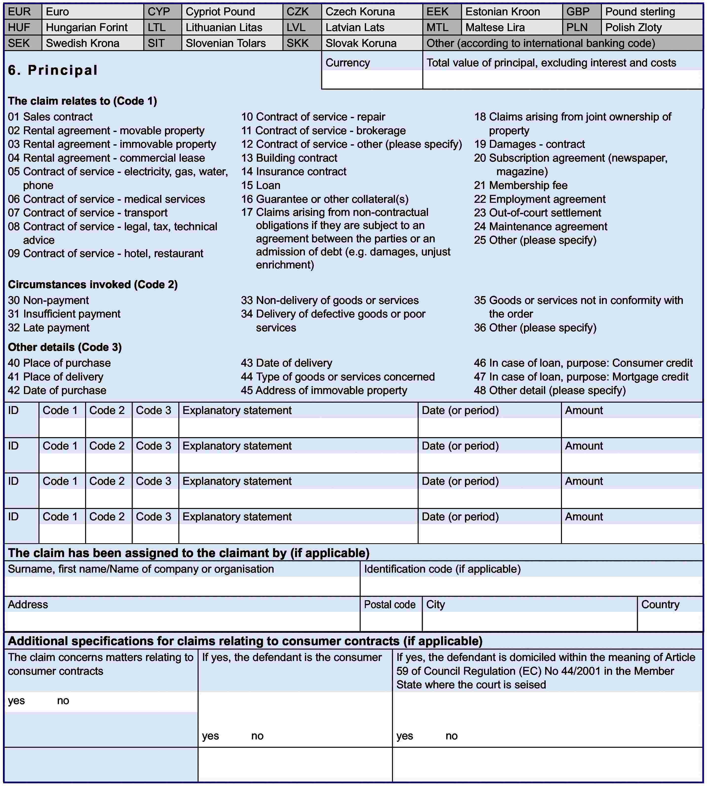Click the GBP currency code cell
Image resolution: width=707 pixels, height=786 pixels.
(581, 12)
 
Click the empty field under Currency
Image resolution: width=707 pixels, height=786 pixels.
(372, 80)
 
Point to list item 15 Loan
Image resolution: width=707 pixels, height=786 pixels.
(261, 185)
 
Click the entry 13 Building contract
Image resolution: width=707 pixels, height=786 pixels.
(289, 158)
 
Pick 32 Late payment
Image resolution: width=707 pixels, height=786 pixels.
(49, 328)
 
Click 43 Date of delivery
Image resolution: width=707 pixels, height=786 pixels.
(286, 363)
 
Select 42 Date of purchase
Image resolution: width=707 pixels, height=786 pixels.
(57, 390)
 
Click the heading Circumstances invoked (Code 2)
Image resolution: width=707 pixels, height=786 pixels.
(93, 284)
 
